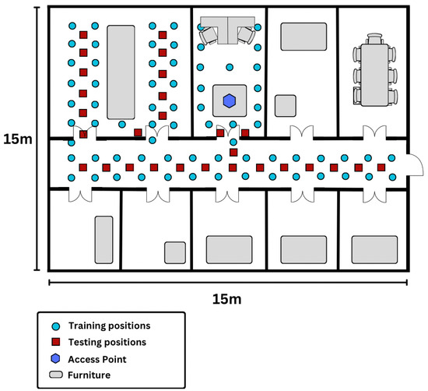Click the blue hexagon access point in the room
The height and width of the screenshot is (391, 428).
(230, 100)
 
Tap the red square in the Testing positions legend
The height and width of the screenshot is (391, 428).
(56, 342)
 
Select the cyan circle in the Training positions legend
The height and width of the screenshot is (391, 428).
(56, 326)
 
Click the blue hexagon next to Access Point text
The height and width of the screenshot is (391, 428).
(55, 359)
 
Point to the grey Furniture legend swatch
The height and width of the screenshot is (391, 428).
(56, 375)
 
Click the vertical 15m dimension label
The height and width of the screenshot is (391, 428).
(18, 139)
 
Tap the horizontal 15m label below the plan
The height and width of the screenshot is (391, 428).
(226, 299)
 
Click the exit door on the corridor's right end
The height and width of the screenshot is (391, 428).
(415, 165)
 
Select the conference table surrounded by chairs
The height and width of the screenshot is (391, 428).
(375, 75)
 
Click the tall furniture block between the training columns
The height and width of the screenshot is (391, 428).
(121, 72)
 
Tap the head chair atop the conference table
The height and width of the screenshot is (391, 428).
(375, 39)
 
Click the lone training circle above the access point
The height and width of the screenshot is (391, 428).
(230, 67)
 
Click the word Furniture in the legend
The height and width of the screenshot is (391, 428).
(89, 375)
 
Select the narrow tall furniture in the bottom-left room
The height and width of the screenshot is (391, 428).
(103, 240)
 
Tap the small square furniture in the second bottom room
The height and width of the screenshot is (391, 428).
(175, 252)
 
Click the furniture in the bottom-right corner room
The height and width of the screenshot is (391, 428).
(374, 250)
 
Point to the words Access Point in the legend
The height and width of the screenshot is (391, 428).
(97, 359)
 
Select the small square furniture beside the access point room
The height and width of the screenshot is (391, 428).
(286, 106)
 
